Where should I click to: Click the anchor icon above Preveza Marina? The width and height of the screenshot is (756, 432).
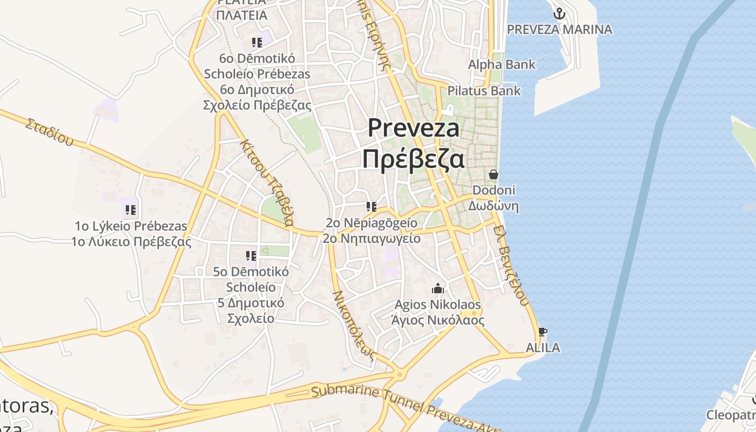[559, 13]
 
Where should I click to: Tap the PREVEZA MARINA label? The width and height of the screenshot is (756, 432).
[559, 29]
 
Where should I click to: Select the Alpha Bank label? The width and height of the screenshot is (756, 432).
[502, 65]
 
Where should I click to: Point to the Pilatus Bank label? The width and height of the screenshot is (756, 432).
[484, 91]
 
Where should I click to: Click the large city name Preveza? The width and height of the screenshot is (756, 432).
[414, 129]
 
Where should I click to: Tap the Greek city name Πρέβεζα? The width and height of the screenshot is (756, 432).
[413, 159]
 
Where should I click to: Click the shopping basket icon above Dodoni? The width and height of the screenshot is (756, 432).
[494, 174]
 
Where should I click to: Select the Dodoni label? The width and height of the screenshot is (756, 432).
[494, 190]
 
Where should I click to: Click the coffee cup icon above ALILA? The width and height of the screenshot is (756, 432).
[543, 332]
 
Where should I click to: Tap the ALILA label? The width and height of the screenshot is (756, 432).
[542, 348]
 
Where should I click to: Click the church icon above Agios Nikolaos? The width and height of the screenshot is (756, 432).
[438, 289]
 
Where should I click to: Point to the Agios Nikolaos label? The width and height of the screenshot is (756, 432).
[437, 305]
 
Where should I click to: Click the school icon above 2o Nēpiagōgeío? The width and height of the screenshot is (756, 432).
[371, 207]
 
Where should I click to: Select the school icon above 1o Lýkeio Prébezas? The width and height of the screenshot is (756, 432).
[130, 210]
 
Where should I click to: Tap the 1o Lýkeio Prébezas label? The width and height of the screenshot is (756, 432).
[131, 226]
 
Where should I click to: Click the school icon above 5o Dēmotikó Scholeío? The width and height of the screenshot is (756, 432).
[251, 255]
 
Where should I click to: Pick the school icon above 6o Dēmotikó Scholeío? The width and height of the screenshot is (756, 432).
[257, 42]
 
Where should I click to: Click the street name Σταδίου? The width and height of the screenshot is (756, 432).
[49, 132]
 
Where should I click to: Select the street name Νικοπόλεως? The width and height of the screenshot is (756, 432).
[354, 325]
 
